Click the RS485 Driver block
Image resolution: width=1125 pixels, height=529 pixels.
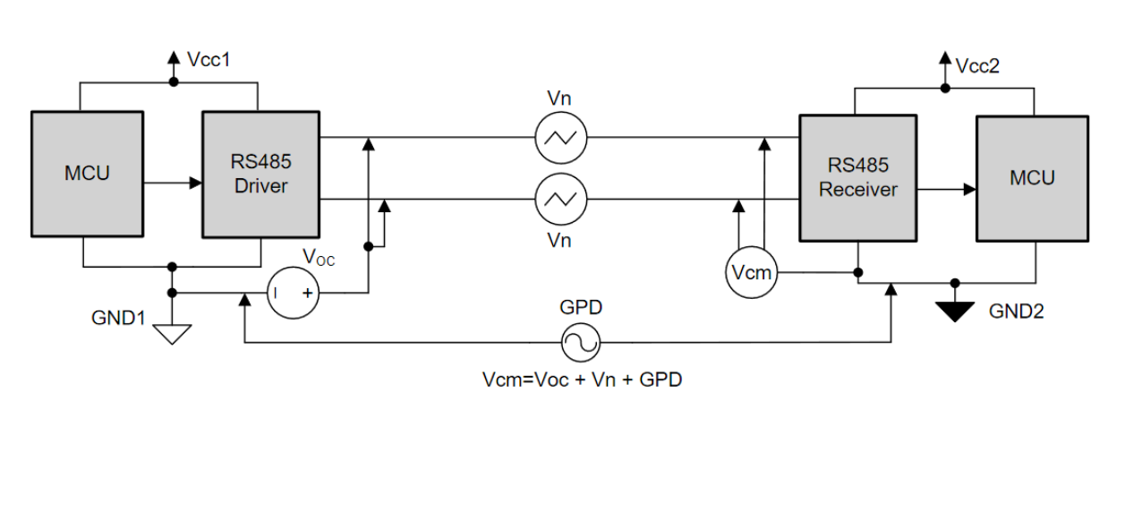pyautogui.click(x=260, y=175)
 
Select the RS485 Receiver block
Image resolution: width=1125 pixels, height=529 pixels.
pyautogui.click(x=857, y=177)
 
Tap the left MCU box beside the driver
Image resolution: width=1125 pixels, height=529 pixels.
pyautogui.click(x=87, y=174)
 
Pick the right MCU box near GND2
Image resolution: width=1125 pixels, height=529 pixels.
pyautogui.click(x=1032, y=178)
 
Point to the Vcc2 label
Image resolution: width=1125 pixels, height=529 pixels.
pyautogui.click(x=977, y=66)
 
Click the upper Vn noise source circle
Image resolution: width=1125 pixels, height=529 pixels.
pyautogui.click(x=560, y=138)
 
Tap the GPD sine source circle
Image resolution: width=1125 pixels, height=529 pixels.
pyautogui.click(x=580, y=342)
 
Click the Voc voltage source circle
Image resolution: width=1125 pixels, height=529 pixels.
pyautogui.click(x=293, y=293)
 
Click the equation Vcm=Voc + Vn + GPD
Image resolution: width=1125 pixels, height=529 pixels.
pyautogui.click(x=582, y=380)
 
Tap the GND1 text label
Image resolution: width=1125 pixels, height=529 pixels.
pyautogui.click(x=118, y=318)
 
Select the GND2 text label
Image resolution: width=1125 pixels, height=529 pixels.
pyautogui.click(x=1016, y=311)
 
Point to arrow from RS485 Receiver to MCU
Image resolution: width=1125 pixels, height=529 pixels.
pyautogui.click(x=946, y=189)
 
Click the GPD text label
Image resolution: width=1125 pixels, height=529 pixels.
pyautogui.click(x=581, y=308)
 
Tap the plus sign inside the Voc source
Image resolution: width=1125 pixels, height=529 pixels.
pyautogui.click(x=307, y=293)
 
